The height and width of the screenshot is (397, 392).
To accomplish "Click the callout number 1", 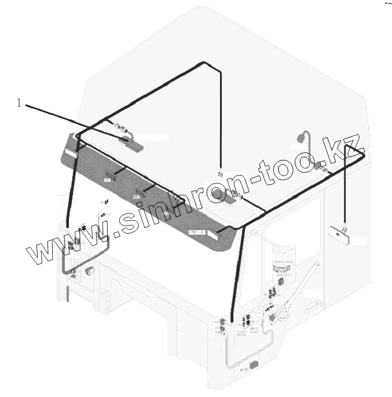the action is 19,103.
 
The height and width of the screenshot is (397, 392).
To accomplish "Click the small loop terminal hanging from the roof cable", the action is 220,173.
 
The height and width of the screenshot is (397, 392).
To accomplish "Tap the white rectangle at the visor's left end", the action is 70,154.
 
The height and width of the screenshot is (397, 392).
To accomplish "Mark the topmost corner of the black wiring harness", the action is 202,62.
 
